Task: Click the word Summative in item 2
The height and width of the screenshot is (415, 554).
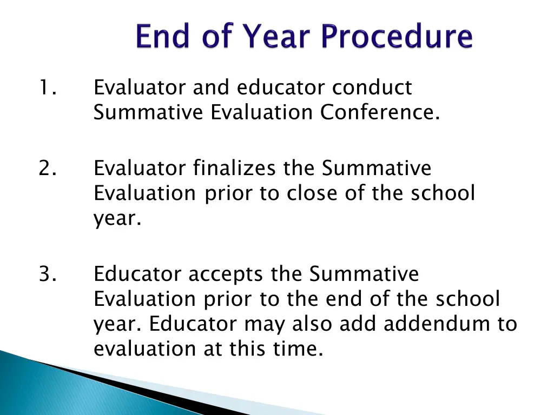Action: (x=377, y=168)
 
